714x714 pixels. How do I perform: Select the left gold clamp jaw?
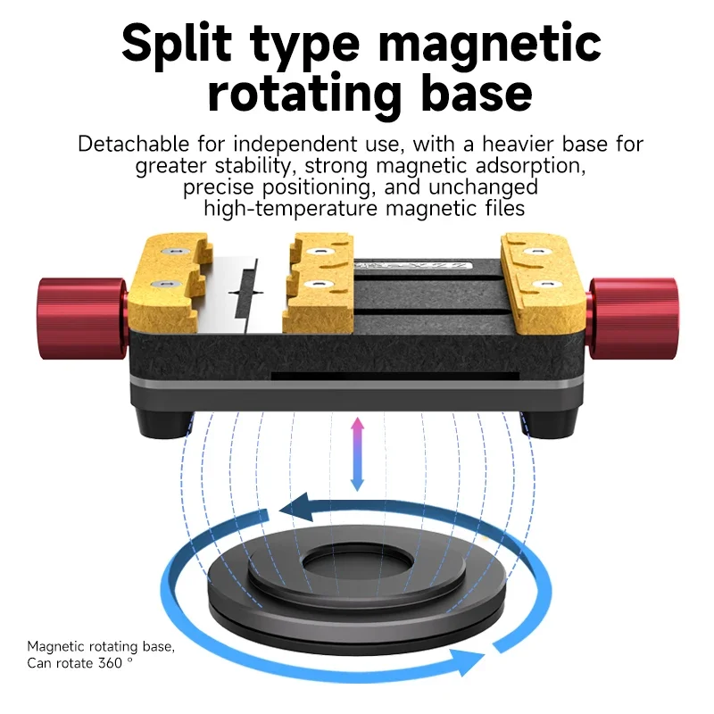(167, 280)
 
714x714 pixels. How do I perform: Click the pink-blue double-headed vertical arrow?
(357, 452)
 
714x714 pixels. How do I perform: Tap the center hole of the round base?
(355, 564)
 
